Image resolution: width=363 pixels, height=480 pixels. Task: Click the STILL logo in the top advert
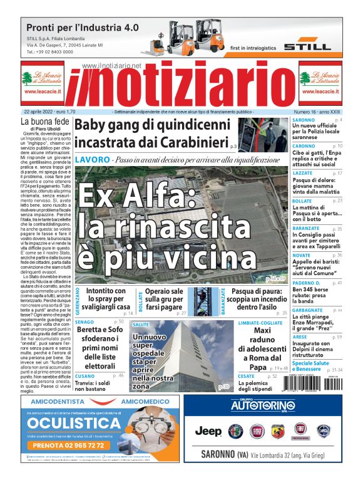pos(307,46)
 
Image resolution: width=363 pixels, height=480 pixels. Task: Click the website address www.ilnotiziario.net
pos(111,66)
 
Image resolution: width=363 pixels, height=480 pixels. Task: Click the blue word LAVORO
pos(92,160)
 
